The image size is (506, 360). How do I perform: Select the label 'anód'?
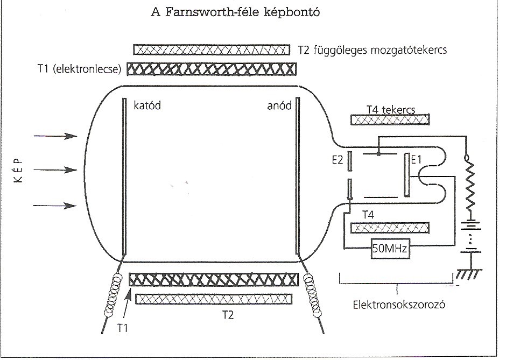coord(279,106)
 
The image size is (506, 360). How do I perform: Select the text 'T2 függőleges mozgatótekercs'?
coord(373,50)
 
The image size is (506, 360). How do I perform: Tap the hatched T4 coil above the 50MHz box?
coord(390,228)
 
